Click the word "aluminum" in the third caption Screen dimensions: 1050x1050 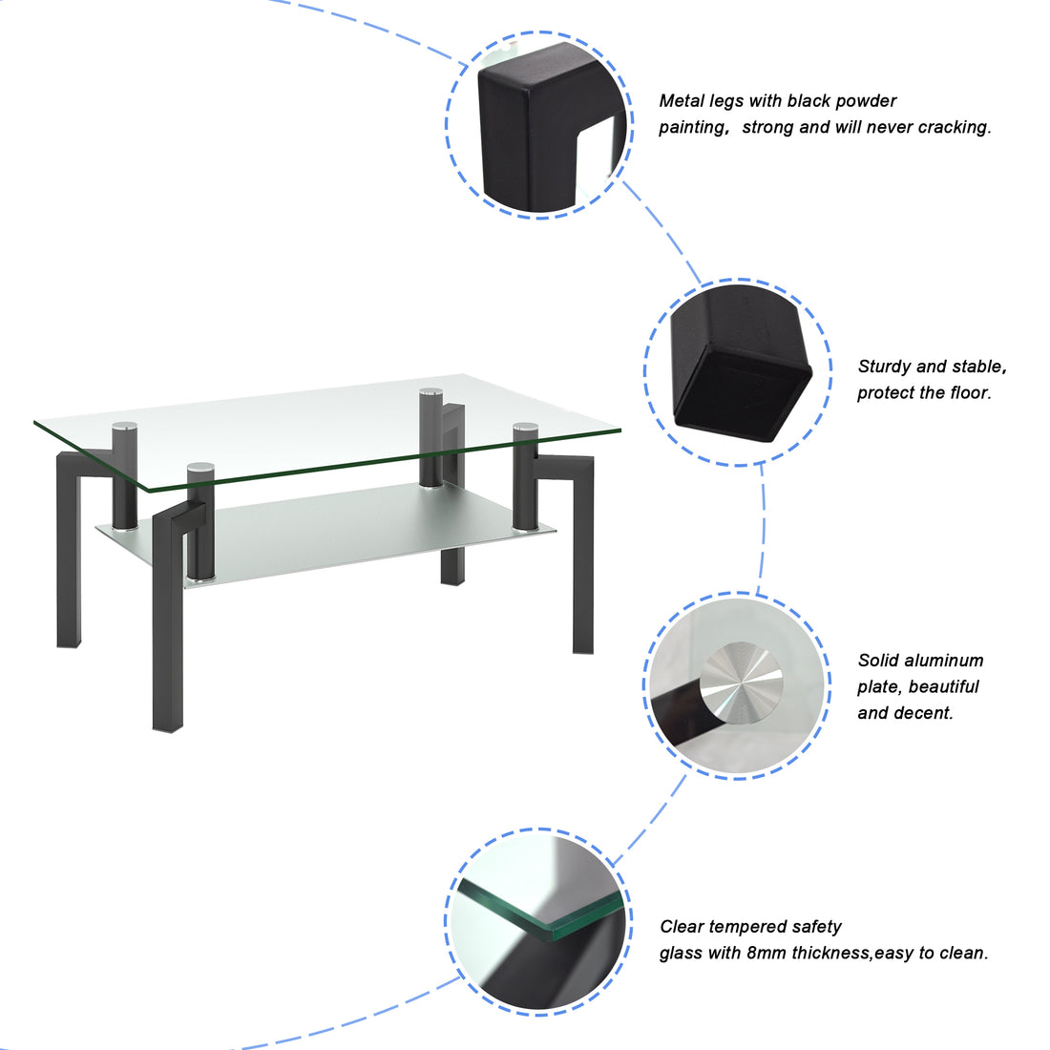coord(945,661)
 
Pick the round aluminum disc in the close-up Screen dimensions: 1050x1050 coord(741,683)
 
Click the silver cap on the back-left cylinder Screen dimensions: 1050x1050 coord(124,427)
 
